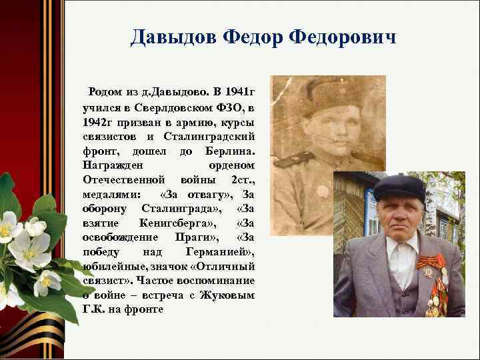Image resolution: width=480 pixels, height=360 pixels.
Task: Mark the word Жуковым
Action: (x=231, y=296)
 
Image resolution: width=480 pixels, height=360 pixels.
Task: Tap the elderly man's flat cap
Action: (x=399, y=188)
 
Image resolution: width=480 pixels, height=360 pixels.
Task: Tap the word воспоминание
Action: (x=223, y=281)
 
